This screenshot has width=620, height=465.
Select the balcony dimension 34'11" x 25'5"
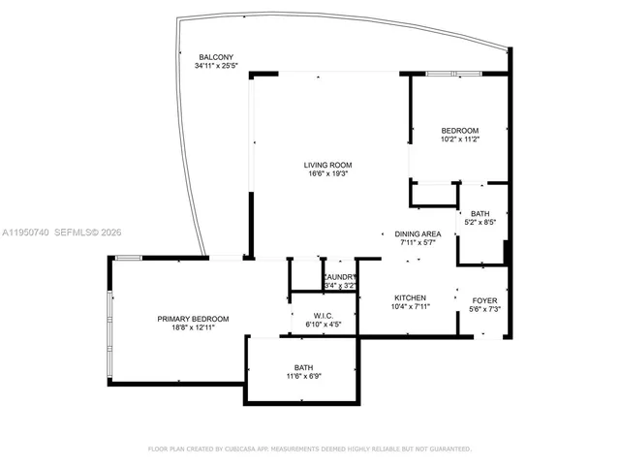(216, 67)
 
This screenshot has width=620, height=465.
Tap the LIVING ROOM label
(327, 166)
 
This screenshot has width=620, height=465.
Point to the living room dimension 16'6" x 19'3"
(327, 176)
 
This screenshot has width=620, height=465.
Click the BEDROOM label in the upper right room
(459, 131)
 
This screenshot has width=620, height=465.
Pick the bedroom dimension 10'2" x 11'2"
(459, 140)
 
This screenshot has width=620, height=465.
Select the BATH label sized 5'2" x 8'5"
(480, 214)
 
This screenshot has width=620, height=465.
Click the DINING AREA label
(418, 234)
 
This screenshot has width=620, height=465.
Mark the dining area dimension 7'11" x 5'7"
(418, 244)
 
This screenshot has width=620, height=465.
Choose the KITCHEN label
(410, 297)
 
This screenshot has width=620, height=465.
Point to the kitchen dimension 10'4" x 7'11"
(410, 307)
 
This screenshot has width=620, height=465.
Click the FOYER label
(484, 300)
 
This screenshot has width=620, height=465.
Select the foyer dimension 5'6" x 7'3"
(484, 310)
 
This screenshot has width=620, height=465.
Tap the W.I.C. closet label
(324, 316)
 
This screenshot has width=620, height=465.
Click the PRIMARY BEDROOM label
(194, 319)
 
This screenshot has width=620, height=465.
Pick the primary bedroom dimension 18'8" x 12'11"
(194, 328)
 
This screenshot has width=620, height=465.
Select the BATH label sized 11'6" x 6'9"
(303, 367)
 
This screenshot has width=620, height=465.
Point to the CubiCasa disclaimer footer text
(309, 449)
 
